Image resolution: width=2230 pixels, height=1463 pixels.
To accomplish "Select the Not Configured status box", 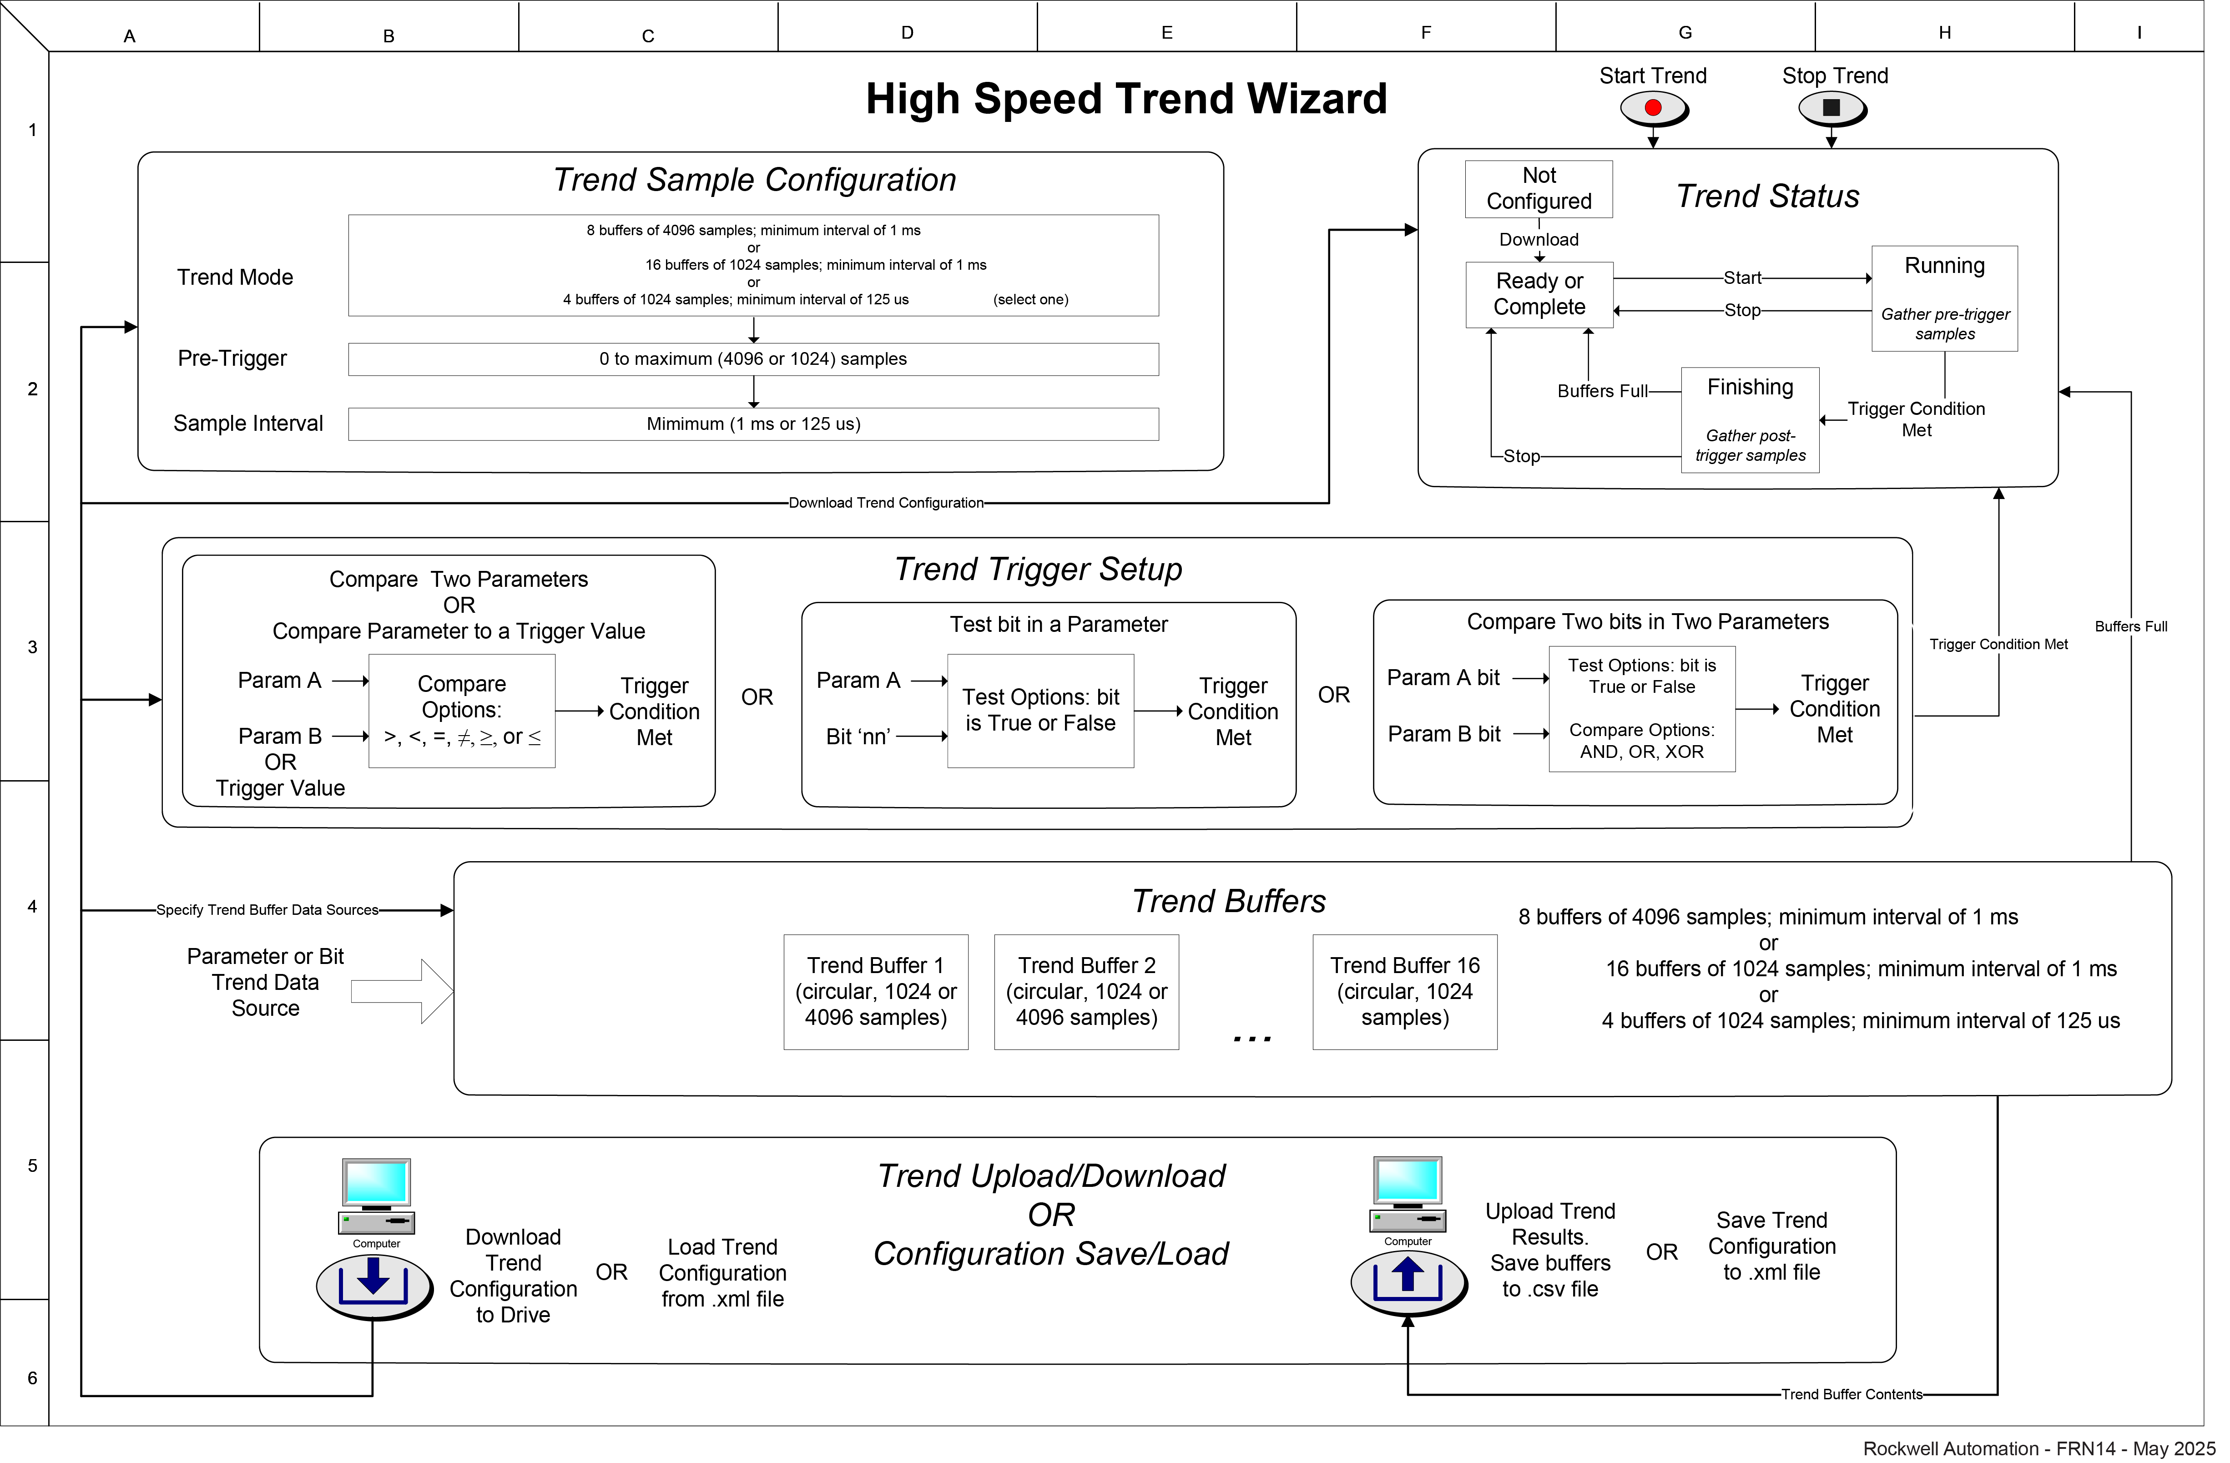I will coord(1539,188).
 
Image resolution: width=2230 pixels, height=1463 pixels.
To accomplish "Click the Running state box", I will coord(1944,298).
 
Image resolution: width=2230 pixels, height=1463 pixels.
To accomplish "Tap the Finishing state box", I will coord(1749,420).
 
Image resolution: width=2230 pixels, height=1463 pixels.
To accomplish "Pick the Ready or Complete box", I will coord(1539,294).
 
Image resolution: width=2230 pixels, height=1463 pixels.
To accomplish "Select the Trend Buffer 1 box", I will coord(875,992).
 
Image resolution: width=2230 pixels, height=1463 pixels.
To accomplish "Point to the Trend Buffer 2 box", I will coord(1086,992).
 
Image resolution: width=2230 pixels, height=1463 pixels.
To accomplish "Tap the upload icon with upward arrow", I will coord(1408,1281).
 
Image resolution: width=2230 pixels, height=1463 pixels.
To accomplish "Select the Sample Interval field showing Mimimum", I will coord(753,424).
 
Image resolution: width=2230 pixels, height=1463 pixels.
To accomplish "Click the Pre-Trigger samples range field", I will coord(753,359).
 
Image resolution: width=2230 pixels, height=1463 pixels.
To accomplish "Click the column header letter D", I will coord(907,33).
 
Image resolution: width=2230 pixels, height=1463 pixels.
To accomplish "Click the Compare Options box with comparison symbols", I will coord(462,711).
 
